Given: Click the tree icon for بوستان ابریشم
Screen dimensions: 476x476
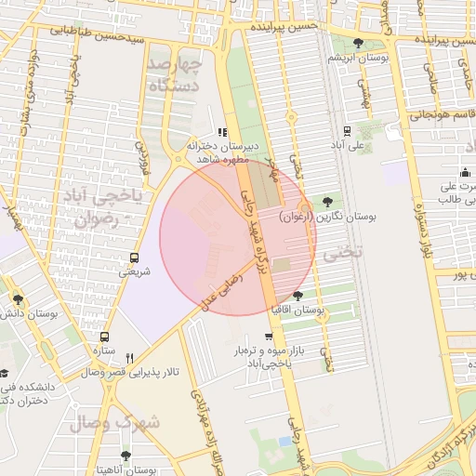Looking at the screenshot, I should [x=359, y=43].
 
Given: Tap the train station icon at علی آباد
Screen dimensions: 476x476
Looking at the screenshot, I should [x=347, y=131].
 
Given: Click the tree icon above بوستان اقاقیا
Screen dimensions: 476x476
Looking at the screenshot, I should [x=297, y=295].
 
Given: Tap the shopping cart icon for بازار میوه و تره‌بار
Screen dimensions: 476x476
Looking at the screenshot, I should [x=269, y=337].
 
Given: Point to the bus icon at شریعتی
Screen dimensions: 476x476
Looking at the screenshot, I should [x=135, y=258].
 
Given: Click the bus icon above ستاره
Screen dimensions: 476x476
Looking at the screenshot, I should [x=103, y=337].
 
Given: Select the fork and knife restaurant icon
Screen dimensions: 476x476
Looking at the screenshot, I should [x=130, y=357].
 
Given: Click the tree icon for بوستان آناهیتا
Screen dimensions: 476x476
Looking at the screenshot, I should [x=126, y=456].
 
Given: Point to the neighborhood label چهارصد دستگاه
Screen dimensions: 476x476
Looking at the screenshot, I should [x=174, y=75].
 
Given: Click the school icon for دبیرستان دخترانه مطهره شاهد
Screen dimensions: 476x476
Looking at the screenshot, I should [x=221, y=132].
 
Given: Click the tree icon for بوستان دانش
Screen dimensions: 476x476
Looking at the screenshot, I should [x=19, y=298].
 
